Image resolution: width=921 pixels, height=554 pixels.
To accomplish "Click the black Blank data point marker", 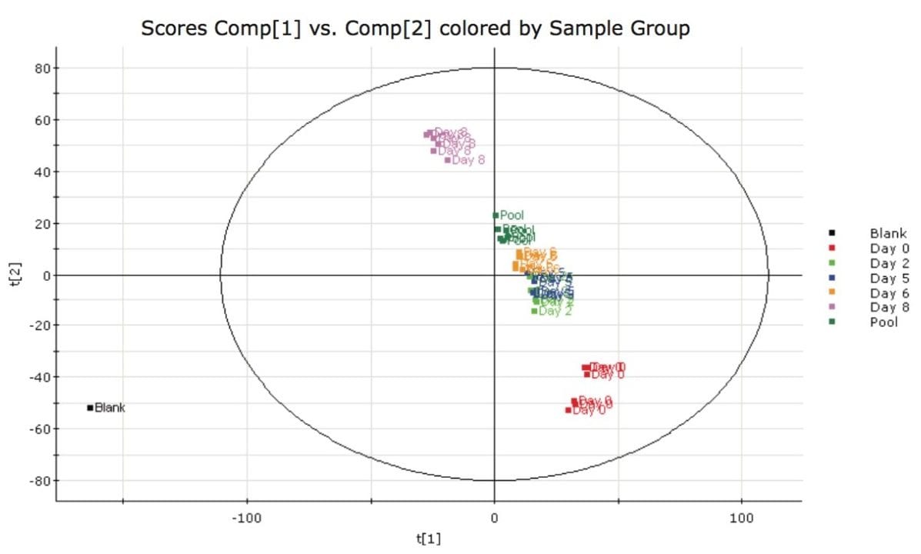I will point(90,408).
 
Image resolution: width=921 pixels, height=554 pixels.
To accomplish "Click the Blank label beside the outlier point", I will point(110,408).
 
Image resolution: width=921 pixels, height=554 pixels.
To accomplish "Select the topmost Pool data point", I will point(496,215).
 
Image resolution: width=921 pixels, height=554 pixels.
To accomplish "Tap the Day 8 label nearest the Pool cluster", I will point(469,160).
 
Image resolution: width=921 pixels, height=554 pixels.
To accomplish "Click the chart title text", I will point(415,29).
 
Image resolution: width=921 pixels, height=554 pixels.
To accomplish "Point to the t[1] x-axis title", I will point(429,539).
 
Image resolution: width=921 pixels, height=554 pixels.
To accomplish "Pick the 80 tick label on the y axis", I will point(43,68).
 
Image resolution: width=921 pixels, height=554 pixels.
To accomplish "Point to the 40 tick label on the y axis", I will point(43,172).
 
